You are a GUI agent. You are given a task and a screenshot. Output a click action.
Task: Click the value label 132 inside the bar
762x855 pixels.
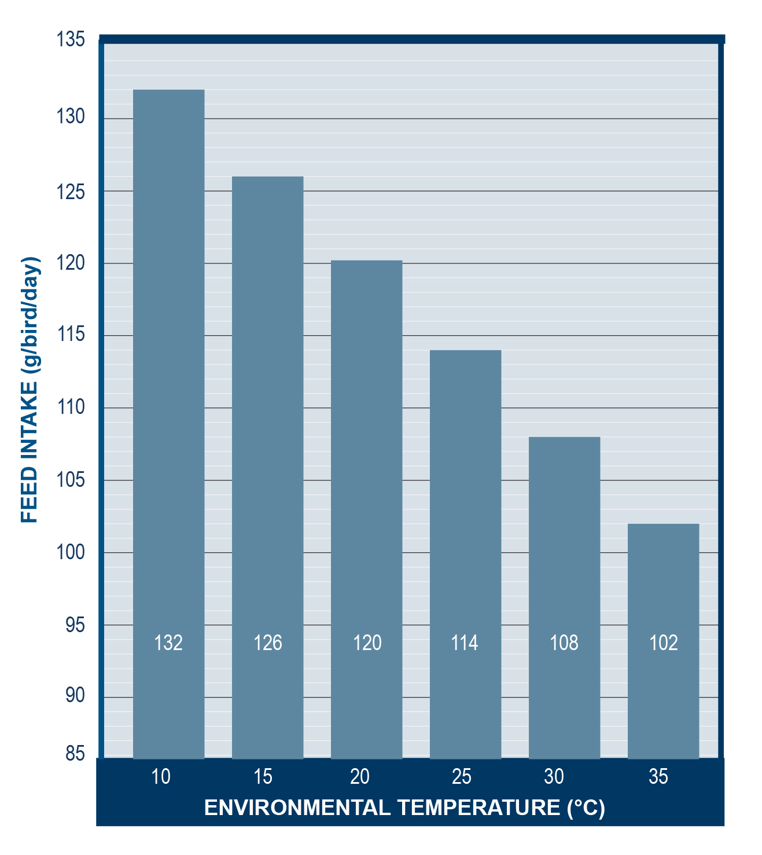point(168,643)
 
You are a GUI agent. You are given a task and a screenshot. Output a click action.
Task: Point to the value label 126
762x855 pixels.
point(268,643)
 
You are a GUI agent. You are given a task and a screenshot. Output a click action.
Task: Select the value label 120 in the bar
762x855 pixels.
point(367,643)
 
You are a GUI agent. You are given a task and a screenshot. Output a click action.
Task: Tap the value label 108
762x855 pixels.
point(564,643)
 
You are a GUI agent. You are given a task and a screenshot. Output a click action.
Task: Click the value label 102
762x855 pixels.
point(663,643)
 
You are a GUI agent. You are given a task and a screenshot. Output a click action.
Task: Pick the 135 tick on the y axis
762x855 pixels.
point(71,40)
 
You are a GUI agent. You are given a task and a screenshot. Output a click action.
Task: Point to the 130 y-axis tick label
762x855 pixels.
point(71,117)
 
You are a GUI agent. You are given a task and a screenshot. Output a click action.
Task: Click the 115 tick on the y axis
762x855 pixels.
point(71,335)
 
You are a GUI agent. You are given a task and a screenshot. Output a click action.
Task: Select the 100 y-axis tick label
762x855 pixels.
point(71,552)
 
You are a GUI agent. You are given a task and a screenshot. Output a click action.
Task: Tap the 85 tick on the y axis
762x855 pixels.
point(75,754)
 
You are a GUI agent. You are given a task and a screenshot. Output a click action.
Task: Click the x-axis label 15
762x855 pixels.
point(263,777)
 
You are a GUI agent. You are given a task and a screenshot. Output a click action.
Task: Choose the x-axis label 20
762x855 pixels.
point(360,777)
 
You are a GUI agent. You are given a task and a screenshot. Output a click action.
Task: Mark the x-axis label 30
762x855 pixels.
point(554,777)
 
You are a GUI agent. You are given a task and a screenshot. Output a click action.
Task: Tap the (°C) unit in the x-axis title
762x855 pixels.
point(586,808)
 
